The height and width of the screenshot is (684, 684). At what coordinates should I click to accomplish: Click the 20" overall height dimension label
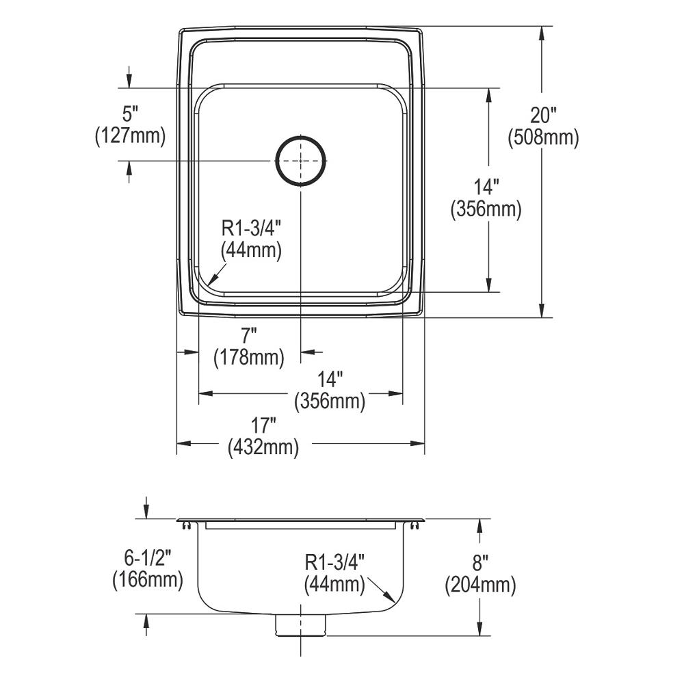pyautogui.click(x=543, y=117)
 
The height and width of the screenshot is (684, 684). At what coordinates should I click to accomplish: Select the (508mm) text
pyautogui.click(x=543, y=137)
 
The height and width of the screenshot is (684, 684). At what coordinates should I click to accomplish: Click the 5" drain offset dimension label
pyautogui.click(x=130, y=114)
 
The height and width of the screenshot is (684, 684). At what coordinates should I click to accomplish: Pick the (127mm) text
pyautogui.click(x=130, y=135)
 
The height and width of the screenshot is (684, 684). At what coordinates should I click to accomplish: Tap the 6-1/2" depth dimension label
pyautogui.click(x=147, y=558)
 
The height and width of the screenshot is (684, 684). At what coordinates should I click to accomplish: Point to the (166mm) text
pyautogui.click(x=147, y=580)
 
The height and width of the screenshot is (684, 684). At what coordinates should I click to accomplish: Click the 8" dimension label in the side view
pyautogui.click(x=480, y=564)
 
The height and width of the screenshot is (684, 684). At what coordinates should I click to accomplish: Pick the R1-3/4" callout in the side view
pyautogui.click(x=335, y=562)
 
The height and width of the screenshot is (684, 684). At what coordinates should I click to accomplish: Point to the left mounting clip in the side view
pyautogui.click(x=185, y=524)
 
